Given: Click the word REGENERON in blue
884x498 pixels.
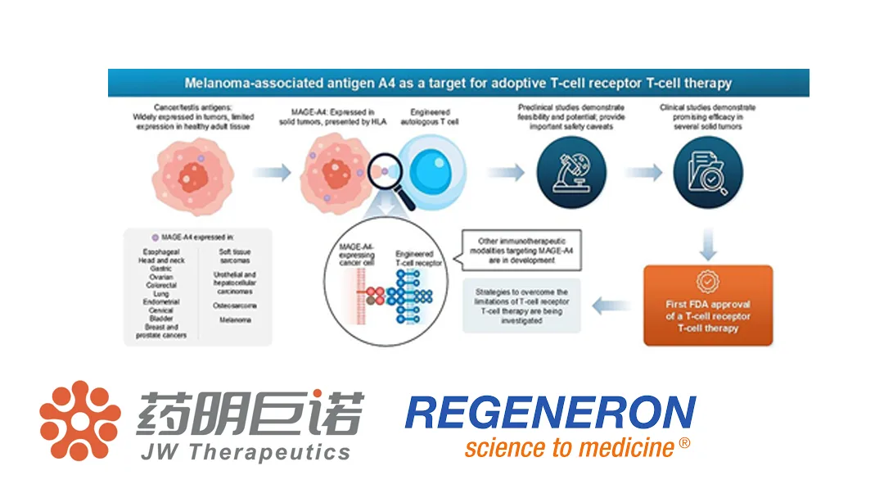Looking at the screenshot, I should (550, 413).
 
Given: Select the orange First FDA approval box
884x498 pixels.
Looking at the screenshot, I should (707, 305).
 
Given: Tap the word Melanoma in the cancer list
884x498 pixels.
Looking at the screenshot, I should (236, 320).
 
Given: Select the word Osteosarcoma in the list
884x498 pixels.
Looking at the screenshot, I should (236, 306).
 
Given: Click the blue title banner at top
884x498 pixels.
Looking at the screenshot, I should (458, 83).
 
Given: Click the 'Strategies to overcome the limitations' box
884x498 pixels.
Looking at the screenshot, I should (521, 306).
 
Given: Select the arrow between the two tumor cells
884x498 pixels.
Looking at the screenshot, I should (270, 173).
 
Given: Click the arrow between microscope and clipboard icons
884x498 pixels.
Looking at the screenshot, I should (643, 172).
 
